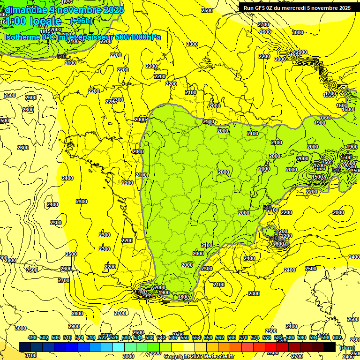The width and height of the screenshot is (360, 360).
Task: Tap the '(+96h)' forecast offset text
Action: (x=82, y=21)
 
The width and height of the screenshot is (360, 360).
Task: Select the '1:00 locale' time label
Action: (x=34, y=21)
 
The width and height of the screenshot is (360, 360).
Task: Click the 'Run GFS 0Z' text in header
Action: (x=262, y=8)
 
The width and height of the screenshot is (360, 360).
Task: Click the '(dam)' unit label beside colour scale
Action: (x=347, y=347)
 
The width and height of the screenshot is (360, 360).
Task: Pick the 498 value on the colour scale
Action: (x=32, y=337)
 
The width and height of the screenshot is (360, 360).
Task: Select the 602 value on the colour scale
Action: (x=337, y=337)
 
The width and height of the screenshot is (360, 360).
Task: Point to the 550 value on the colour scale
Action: (x=185, y=337)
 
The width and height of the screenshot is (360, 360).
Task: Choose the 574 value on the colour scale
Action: (x=255, y=337)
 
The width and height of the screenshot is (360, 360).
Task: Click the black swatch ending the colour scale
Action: (x=330, y=347)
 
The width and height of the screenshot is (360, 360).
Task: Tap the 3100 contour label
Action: (x=30, y=355)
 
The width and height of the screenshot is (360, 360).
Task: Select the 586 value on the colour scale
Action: (x=290, y=337)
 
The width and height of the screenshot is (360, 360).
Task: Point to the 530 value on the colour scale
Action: (x=126, y=337)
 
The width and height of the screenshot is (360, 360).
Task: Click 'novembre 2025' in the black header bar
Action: (x=331, y=8)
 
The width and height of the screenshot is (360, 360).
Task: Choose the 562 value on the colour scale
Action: (x=220, y=337)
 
